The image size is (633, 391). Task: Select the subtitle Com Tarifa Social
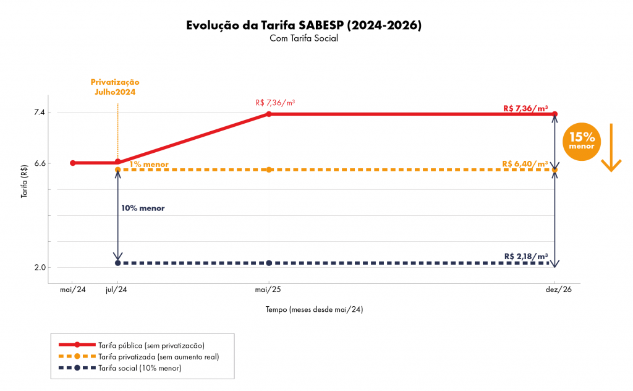(x=304, y=38)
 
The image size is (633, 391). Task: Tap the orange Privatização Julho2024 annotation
(x=115, y=87)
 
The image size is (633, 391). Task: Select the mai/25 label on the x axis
(x=269, y=290)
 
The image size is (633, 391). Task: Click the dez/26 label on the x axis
(x=555, y=290)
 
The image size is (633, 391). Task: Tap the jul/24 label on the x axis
(x=117, y=290)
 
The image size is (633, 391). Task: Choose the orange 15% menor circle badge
(x=581, y=141)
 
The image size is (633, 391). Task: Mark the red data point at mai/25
(x=269, y=114)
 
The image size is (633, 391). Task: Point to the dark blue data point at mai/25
(x=269, y=263)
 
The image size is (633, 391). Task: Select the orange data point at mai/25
(x=269, y=170)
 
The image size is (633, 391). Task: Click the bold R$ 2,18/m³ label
(x=526, y=256)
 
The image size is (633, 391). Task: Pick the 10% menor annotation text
(x=143, y=208)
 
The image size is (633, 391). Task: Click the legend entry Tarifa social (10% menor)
(x=139, y=368)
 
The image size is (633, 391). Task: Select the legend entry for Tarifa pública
(x=151, y=345)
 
